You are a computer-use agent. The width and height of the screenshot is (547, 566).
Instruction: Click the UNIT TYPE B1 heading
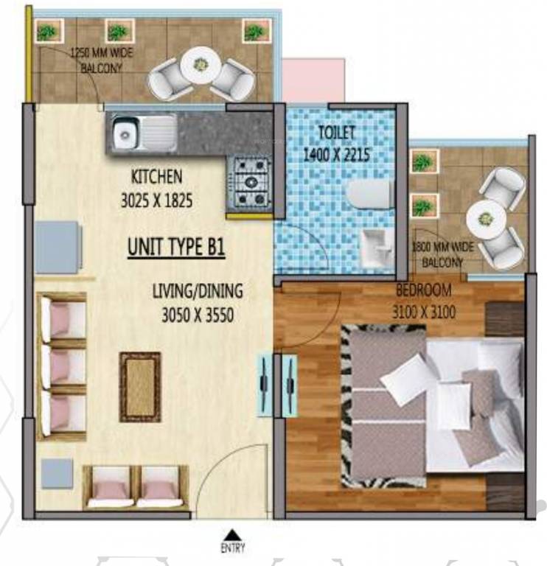(176, 248)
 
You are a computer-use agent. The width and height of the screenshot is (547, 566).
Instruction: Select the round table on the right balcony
(487, 218)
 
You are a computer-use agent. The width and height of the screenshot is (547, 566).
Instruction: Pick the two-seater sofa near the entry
(136, 487)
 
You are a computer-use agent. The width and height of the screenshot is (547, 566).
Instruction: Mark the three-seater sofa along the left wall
(62, 366)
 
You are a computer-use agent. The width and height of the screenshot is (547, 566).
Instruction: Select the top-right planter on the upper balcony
(255, 32)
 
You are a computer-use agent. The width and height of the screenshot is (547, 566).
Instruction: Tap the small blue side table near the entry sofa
(57, 472)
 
